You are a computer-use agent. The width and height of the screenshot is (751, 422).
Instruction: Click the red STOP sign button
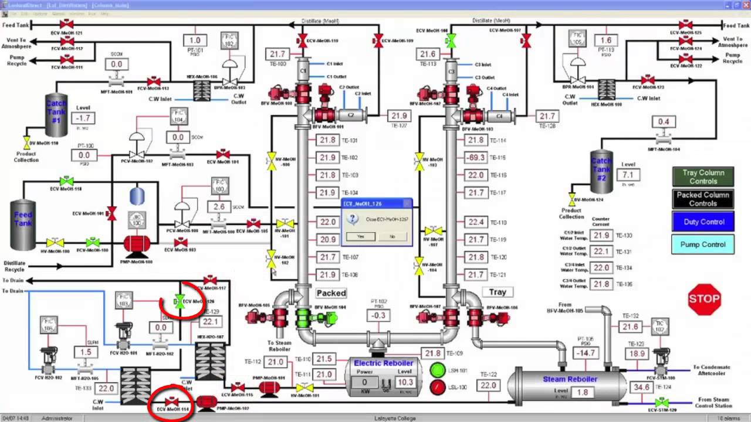pos(704,299)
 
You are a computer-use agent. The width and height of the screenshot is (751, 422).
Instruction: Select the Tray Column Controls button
pos(703,177)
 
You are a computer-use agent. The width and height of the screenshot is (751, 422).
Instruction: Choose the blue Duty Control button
pos(703,222)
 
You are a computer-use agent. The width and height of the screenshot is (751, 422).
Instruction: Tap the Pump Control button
pos(703,244)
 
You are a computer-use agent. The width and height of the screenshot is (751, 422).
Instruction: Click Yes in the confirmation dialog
pos(360,236)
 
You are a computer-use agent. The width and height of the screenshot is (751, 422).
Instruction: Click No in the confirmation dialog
pos(393,236)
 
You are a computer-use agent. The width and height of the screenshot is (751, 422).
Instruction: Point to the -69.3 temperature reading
pos(475,158)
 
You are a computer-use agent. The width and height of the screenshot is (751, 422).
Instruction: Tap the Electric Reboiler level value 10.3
pos(405,382)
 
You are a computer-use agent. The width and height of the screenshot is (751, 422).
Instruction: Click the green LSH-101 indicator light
pos(438,370)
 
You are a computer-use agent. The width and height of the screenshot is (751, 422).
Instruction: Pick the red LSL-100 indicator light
pos(438,387)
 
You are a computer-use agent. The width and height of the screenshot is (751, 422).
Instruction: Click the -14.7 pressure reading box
pos(586,353)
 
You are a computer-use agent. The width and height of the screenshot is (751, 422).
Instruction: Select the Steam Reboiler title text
pos(570,379)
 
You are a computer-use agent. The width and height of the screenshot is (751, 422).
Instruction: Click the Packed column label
pos(331,293)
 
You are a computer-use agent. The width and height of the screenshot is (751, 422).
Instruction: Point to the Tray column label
pos(498,292)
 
